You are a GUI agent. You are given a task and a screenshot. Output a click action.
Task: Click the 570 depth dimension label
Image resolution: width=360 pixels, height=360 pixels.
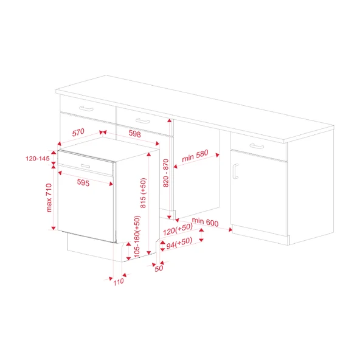[x=78, y=133]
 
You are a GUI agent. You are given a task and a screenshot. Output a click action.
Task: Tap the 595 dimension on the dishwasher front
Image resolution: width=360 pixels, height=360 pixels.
[x=84, y=182]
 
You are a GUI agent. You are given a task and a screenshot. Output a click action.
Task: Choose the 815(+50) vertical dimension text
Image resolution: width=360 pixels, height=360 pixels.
[x=144, y=193]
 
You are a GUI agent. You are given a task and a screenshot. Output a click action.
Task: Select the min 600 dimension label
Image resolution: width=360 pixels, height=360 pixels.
[x=205, y=223]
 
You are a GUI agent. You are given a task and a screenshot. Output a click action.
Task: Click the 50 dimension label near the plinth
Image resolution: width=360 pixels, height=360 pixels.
[x=159, y=268]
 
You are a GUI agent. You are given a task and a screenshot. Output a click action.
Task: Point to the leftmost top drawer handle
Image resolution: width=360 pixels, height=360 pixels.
[x=88, y=108]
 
